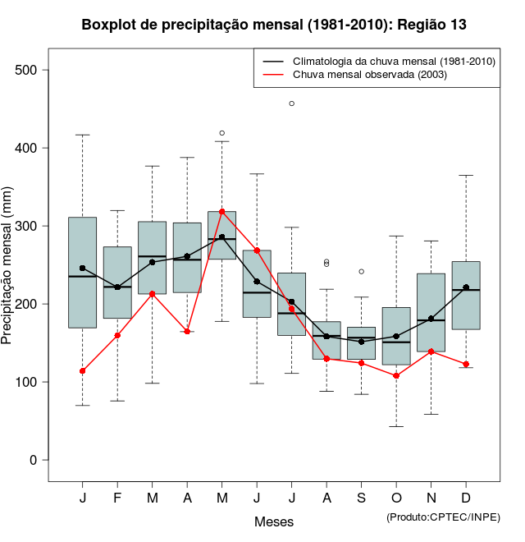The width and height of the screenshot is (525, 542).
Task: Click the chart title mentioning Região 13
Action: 274,25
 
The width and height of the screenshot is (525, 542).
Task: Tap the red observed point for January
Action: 83,371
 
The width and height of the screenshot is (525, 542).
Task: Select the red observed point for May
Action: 222,211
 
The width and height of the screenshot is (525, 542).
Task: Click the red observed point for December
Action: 466,364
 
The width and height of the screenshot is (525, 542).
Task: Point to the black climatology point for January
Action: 83,268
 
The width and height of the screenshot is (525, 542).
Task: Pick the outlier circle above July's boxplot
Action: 292,103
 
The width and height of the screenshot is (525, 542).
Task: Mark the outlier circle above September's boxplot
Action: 362,271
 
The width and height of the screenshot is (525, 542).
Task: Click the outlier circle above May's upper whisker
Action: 222,133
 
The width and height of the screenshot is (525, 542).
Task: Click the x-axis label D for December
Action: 466,498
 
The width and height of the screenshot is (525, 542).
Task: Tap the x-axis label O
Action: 396,498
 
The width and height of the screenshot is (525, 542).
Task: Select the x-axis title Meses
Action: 274,521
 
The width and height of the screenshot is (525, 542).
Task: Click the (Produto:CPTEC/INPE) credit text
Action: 443,517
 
